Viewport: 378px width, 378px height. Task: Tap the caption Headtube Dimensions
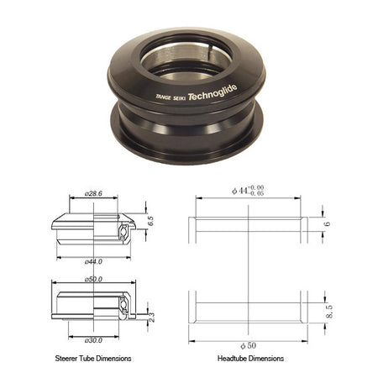(251, 359)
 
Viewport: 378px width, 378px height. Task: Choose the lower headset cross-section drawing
(92, 304)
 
